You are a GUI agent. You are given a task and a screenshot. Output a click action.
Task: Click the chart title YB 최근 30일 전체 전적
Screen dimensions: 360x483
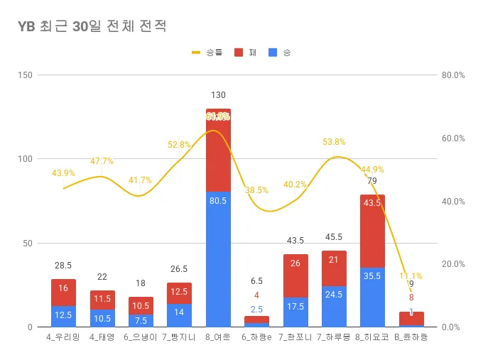[92, 27]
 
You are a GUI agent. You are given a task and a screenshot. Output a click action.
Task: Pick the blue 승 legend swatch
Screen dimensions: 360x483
[273, 53]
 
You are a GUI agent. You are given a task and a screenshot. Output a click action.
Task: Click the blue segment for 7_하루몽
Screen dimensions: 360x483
[334, 307]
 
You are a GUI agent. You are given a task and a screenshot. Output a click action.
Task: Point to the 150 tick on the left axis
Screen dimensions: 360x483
[26, 75]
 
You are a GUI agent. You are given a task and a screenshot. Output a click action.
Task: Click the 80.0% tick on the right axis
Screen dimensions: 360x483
[452, 75]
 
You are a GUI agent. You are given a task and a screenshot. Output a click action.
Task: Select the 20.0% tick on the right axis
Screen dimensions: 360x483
[452, 264]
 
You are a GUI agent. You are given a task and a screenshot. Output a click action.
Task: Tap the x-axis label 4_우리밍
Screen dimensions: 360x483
[63, 337]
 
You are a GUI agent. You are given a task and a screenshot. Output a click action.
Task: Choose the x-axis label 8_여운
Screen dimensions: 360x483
[218, 337]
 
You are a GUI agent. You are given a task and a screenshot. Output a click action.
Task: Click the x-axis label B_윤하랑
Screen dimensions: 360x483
[411, 337]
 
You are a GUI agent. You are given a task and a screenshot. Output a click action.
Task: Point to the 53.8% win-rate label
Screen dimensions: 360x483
[334, 142]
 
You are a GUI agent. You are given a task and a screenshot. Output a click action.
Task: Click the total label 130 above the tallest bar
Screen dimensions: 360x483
[218, 95]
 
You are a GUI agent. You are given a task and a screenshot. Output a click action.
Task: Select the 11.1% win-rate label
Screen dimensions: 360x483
[411, 276]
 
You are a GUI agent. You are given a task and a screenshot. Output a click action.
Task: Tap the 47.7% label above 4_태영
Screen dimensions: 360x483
[102, 161]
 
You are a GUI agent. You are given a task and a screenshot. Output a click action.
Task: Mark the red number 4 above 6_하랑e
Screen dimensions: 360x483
[256, 295]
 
